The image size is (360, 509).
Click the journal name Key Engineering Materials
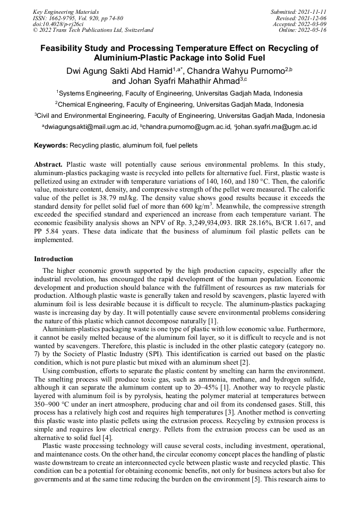(x=66, y=11)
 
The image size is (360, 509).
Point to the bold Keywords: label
(x=51, y=145)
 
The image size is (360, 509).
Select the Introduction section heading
(x=54, y=259)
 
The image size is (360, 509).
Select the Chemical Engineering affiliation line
(x=179, y=105)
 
